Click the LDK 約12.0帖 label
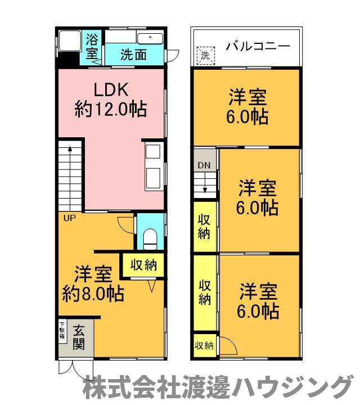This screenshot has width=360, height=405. click(111, 100)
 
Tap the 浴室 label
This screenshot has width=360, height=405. click(92, 48)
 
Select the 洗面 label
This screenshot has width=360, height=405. click(134, 55)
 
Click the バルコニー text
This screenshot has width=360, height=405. click(258, 46)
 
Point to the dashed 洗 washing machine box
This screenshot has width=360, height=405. click(205, 55)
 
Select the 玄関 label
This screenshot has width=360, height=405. click(79, 337)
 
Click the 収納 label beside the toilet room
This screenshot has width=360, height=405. click(144, 265)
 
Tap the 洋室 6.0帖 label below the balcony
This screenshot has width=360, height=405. click(247, 107)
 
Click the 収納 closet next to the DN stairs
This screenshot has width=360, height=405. click(204, 226)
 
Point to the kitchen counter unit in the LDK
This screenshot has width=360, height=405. click(154, 167)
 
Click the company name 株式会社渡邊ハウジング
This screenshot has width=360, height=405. click(217, 388)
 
